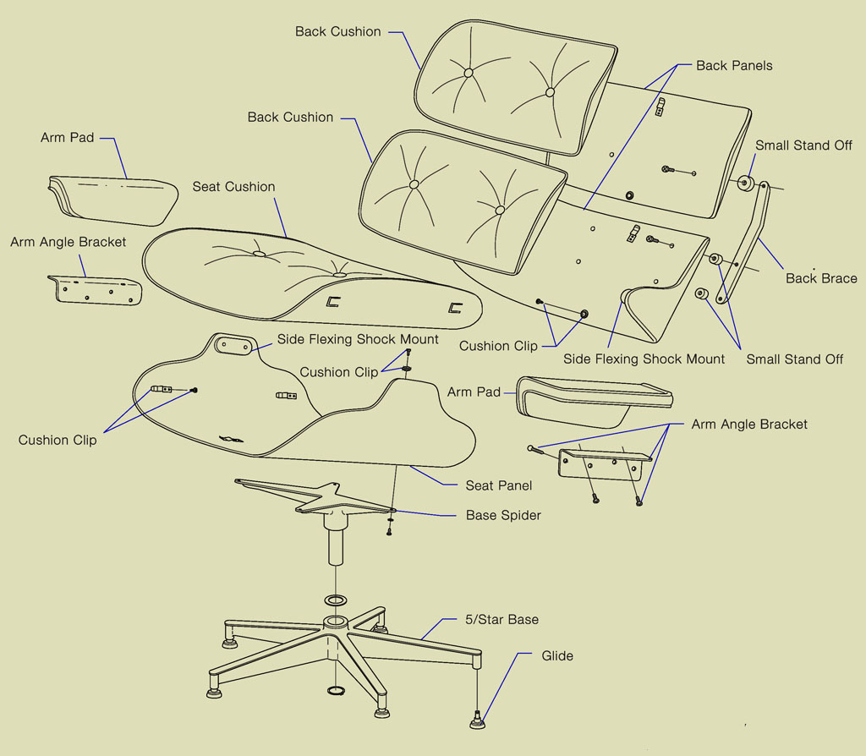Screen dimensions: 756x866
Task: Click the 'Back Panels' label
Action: point(733,66)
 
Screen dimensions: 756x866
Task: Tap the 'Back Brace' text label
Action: point(820,278)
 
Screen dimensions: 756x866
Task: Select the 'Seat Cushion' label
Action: point(233,187)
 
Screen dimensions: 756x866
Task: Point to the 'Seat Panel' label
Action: point(498,485)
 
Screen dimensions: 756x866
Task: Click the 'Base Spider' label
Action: point(502,515)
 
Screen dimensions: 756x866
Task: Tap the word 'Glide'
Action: point(557,656)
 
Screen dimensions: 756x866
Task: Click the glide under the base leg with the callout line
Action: point(480,721)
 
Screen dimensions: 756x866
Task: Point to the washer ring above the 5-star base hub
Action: point(335,600)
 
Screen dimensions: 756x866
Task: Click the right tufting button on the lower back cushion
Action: point(500,209)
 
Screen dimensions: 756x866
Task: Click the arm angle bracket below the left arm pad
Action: point(95,289)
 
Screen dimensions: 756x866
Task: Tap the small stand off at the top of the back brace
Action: point(747,183)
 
